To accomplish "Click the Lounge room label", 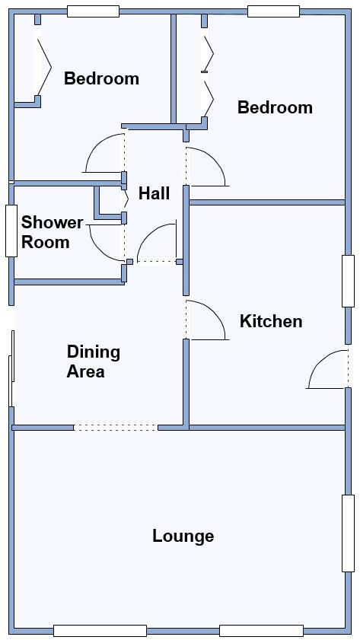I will click(183, 536).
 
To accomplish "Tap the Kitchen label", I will click(271, 321).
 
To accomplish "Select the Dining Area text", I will click(93, 361).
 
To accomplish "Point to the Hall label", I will click(154, 194).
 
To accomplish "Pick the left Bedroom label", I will click(101, 78).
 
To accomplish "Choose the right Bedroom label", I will click(275, 107).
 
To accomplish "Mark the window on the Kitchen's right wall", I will click(348, 281).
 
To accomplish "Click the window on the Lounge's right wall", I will click(348, 533).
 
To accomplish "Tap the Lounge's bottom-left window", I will click(100, 630).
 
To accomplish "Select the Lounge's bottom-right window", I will click(261, 630).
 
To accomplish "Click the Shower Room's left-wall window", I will click(11, 230).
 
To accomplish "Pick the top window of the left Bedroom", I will click(93, 11).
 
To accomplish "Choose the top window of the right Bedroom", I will click(273, 11).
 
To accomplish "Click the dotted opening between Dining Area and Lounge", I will click(116, 428).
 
